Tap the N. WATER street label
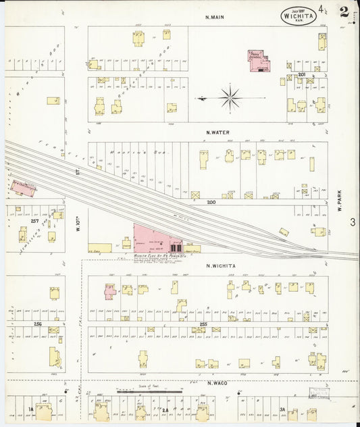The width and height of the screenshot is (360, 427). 219,132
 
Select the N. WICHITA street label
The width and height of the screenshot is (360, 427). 220,266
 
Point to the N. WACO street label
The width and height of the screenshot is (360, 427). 219,383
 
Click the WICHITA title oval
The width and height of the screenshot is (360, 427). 297,14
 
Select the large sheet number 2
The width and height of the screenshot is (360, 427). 344,11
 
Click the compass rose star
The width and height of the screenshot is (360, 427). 230,99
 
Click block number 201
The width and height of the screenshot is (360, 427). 302,74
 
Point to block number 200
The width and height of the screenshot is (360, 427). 211,202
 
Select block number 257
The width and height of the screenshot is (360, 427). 34,221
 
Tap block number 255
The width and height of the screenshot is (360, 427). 203,325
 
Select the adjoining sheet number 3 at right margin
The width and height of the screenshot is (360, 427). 353,222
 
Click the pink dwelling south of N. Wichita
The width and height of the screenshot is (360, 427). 109,291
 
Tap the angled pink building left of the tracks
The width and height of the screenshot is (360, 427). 24,187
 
